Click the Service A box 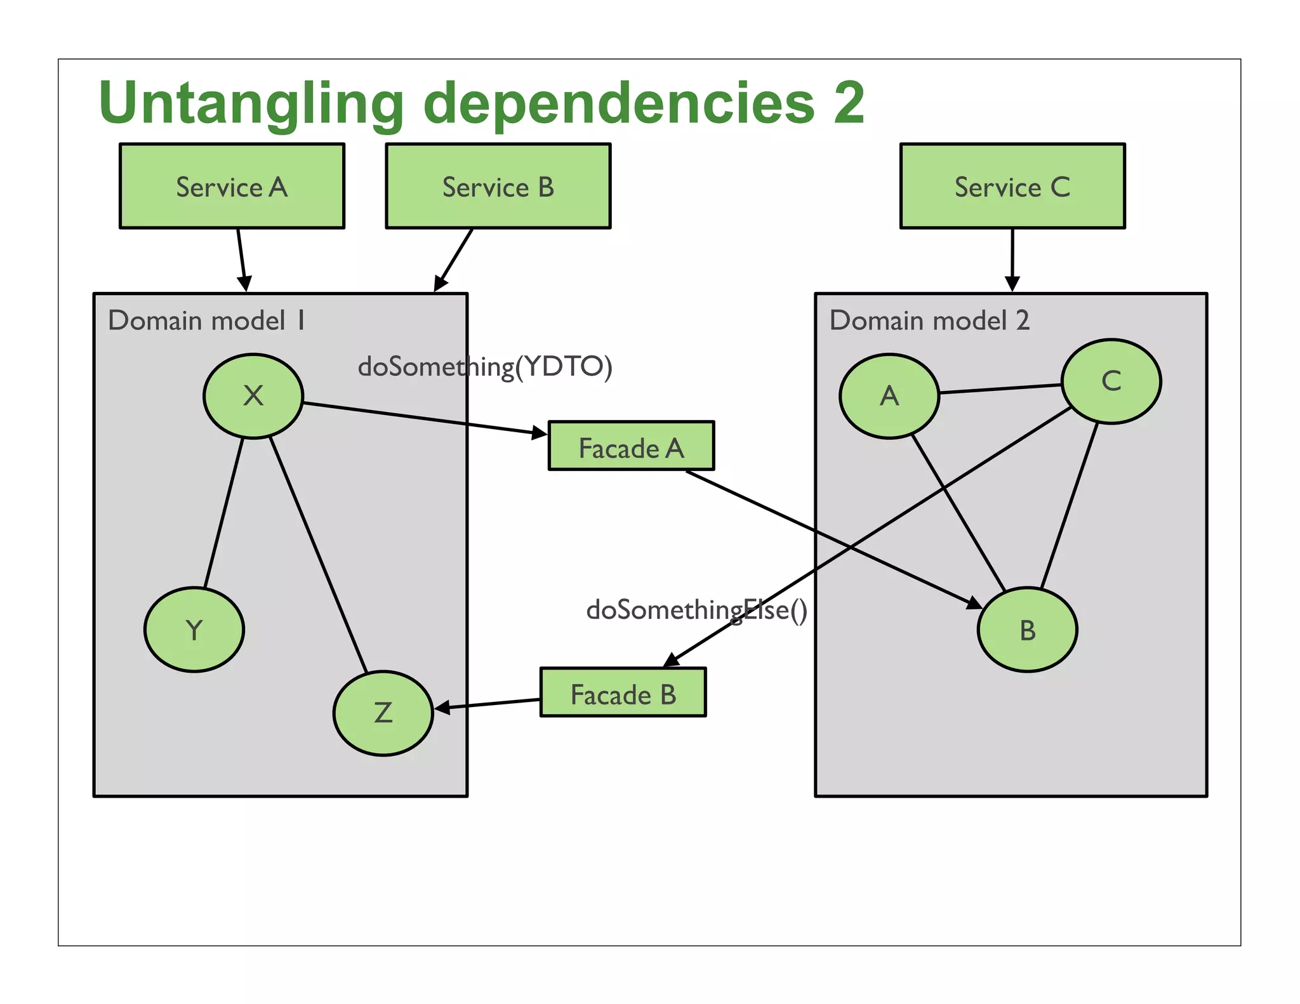coord(232,186)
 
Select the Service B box coord(498,186)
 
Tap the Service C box coord(1012,186)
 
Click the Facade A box coord(631,446)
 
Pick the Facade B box coord(623,692)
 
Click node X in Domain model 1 coord(253,396)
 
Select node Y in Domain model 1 coord(194,630)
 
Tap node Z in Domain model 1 coord(383,713)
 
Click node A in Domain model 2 coord(889,396)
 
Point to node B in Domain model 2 coord(1027,630)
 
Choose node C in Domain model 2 coord(1111,381)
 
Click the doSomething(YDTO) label coord(485,367)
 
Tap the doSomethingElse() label coord(696,610)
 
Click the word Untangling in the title coord(251,103)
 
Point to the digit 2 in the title coord(849,103)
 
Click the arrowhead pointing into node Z coord(442,708)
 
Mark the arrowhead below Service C coord(1012,283)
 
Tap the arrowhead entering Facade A coord(540,433)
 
